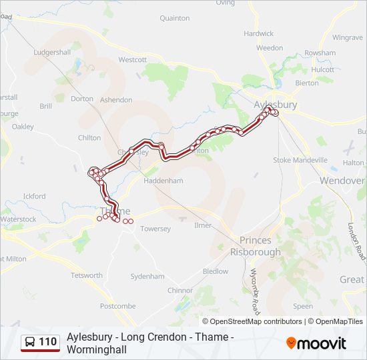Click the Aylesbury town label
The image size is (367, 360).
point(275,105)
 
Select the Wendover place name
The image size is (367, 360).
point(342,181)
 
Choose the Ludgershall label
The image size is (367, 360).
point(51,52)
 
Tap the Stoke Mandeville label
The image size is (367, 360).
point(300,160)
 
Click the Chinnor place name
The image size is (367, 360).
point(180,291)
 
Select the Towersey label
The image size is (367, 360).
point(155,229)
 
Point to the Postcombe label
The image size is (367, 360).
point(117,306)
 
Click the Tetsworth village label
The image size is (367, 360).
point(87,275)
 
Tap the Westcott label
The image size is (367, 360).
point(132,59)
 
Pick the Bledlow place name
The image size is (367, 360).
point(215,271)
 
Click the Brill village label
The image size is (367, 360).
point(45,106)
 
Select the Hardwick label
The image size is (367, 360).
point(258,33)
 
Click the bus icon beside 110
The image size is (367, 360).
point(30,342)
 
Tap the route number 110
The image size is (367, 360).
point(47,342)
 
